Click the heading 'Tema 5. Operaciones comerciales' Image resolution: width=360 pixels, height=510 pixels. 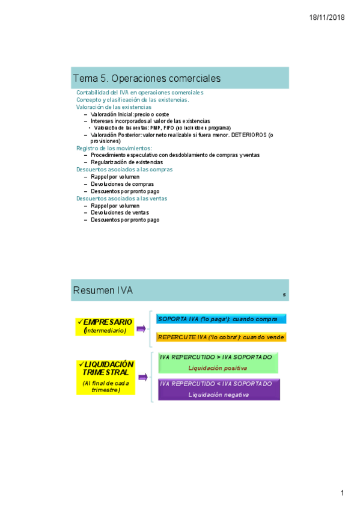[x=147, y=79]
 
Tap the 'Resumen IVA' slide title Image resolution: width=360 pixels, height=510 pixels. [x=103, y=291]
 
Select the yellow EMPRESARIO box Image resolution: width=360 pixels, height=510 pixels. [x=106, y=327]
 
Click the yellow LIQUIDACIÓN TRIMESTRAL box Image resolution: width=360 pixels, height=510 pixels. [x=106, y=377]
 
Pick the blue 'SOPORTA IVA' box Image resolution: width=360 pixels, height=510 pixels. [x=221, y=319]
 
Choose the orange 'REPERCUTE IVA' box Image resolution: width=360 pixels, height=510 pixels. [x=221, y=337]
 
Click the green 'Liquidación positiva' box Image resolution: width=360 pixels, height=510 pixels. [x=219, y=363]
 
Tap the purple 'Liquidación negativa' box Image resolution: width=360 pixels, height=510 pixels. [x=219, y=389]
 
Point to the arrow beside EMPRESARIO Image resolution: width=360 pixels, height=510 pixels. [x=142, y=328]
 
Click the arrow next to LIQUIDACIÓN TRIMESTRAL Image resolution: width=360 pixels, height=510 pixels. [x=143, y=377]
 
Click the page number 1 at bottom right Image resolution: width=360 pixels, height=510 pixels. [x=342, y=493]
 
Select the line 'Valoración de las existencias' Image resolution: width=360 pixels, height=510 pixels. [x=114, y=107]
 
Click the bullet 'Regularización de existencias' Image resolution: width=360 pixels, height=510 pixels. [x=127, y=162]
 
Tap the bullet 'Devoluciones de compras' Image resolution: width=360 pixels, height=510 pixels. [x=123, y=184]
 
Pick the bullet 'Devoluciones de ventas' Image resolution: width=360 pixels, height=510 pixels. [x=120, y=213]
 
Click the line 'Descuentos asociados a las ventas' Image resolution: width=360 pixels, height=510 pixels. [x=121, y=198]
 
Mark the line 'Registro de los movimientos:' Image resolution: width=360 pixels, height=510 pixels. [x=114, y=148]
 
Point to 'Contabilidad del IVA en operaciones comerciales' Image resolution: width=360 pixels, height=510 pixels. [x=139, y=93]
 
